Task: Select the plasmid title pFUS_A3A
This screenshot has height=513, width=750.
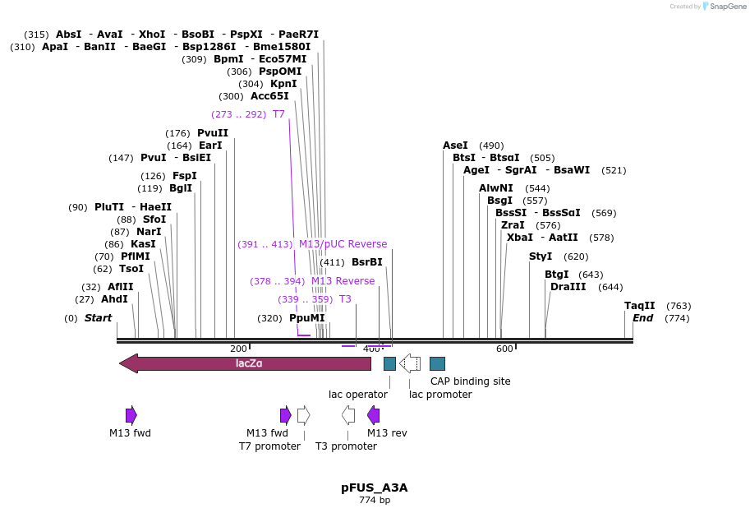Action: (x=374, y=488)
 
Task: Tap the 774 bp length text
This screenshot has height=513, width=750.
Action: (x=374, y=500)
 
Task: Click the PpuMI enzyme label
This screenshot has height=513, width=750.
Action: (x=306, y=318)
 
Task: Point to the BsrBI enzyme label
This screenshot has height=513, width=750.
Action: (x=366, y=262)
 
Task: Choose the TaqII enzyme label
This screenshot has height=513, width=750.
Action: (x=639, y=305)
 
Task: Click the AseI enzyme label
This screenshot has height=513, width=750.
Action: (x=455, y=146)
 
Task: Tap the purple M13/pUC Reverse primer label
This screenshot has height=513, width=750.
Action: (x=343, y=244)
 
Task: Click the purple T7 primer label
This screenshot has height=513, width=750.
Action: (x=278, y=114)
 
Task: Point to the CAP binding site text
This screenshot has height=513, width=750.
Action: (x=470, y=381)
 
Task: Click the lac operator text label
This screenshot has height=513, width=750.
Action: (x=358, y=394)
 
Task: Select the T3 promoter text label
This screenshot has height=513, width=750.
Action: (x=346, y=446)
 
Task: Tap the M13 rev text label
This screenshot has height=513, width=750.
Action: (x=387, y=432)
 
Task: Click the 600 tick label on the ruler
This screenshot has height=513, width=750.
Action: (x=504, y=349)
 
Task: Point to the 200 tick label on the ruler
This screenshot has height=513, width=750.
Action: (x=238, y=349)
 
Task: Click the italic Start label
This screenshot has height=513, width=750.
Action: (x=98, y=318)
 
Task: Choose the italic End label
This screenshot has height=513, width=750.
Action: (x=642, y=318)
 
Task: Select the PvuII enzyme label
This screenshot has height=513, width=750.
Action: (x=213, y=133)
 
